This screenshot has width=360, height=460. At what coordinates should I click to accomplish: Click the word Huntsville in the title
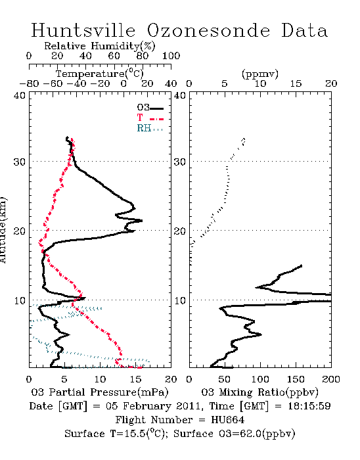83,30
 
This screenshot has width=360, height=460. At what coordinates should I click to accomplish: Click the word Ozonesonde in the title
208,30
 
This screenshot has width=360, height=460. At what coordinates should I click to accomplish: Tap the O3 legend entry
150,108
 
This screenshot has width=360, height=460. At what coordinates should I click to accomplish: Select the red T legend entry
150,118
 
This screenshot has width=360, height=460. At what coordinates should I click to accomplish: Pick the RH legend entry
150,128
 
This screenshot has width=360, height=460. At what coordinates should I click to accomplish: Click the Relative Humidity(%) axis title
100,46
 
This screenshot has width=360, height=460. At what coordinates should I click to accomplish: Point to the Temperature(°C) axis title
100,74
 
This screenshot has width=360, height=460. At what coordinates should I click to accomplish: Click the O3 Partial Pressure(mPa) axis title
100,392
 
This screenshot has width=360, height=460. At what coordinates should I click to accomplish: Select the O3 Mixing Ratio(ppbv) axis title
259,392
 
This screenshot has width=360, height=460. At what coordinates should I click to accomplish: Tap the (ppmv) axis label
260,74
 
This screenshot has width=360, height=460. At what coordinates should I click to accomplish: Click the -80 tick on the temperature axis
29,83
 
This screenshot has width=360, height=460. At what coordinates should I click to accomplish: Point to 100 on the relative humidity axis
171,56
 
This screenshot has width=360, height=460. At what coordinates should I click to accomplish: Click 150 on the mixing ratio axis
296,379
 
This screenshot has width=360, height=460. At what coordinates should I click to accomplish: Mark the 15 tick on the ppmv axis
296,83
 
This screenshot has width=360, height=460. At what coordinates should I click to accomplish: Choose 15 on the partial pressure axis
135,379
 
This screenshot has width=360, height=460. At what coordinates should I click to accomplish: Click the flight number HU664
227,420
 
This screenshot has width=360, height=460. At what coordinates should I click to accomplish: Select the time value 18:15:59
309,406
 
